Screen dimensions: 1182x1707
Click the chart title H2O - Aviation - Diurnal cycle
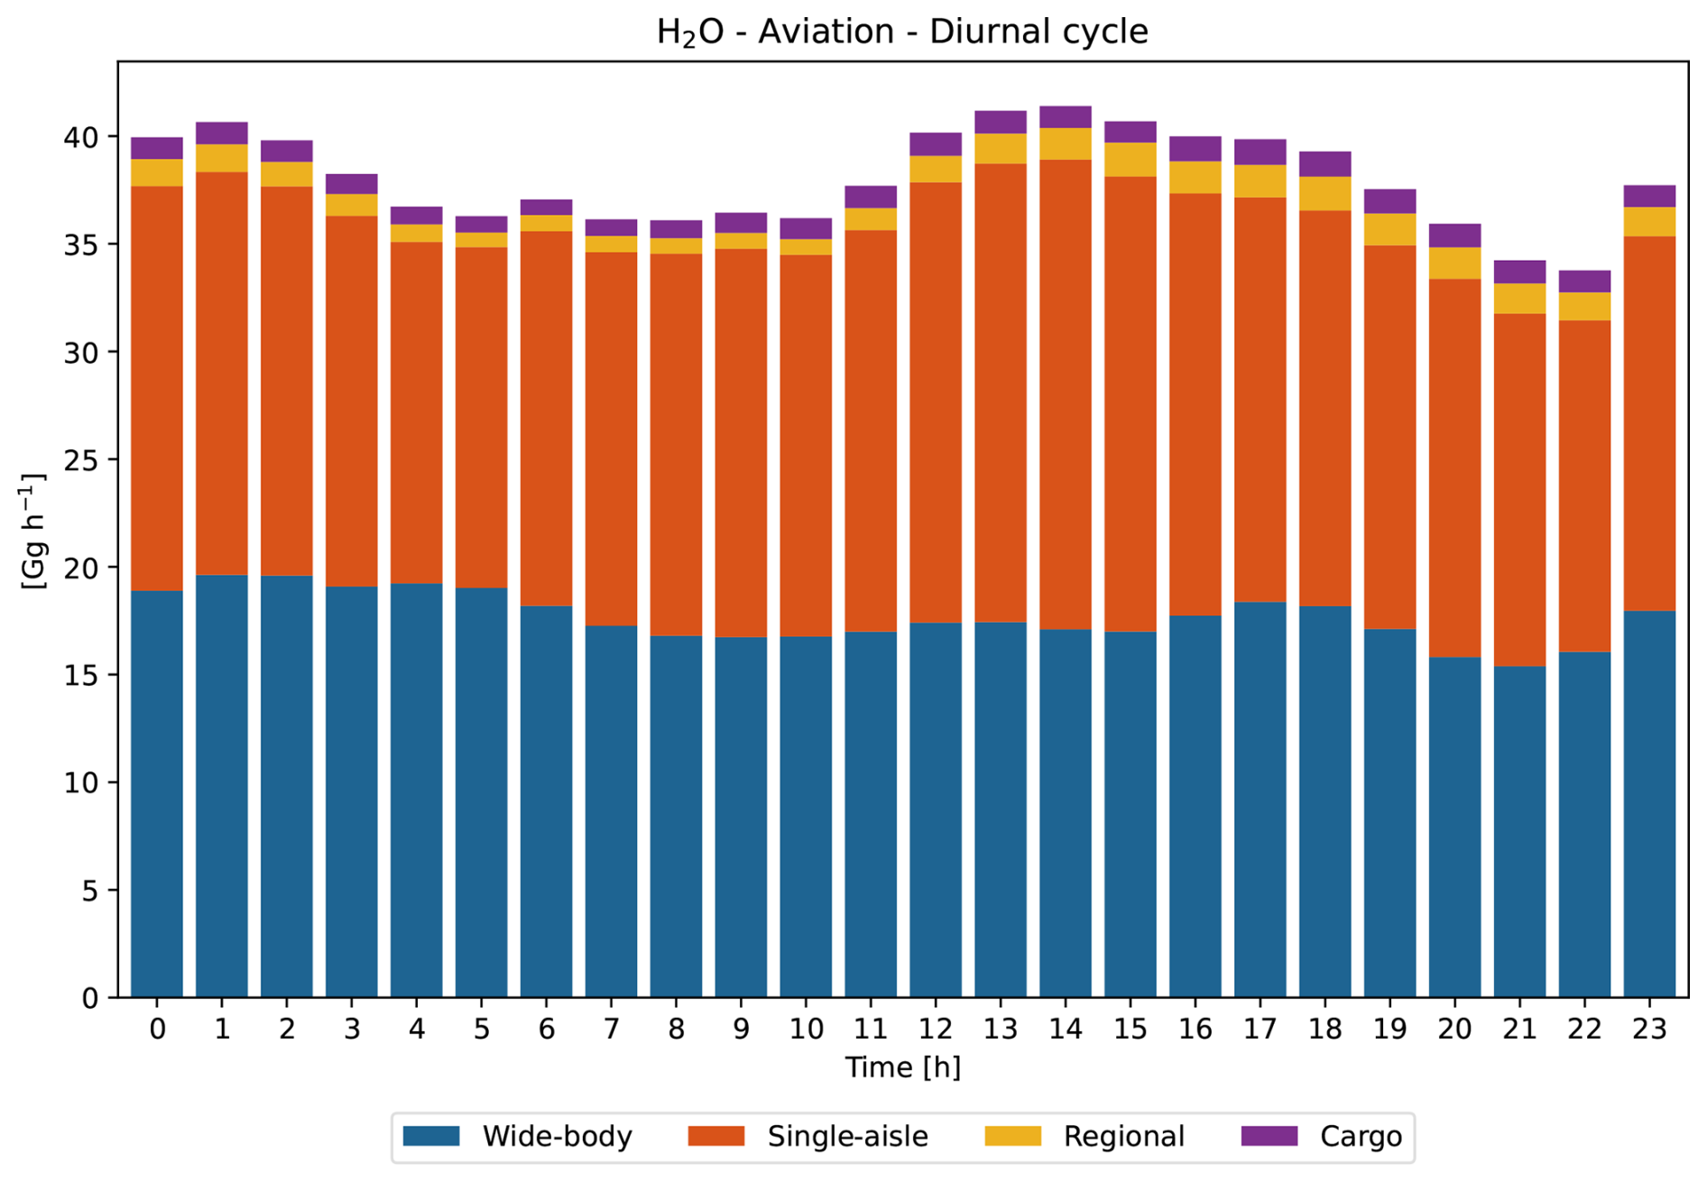pyautogui.click(x=902, y=32)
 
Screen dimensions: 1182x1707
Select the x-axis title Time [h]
pyautogui.click(x=902, y=1067)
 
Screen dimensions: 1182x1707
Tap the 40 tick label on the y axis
pyautogui.click(x=81, y=137)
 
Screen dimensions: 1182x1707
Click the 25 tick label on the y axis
pyautogui.click(x=81, y=460)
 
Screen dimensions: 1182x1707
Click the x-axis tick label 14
pyautogui.click(x=1066, y=1030)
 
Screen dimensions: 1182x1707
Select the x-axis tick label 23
pyautogui.click(x=1649, y=1030)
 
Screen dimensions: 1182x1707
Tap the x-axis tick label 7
pyautogui.click(x=612, y=1030)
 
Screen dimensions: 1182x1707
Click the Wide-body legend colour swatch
pyautogui.click(x=431, y=1136)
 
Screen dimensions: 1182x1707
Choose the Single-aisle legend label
pyautogui.click(x=847, y=1136)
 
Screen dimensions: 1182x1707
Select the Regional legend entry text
pyautogui.click(x=1123, y=1136)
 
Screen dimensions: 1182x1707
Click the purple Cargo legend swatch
pyautogui.click(x=1269, y=1136)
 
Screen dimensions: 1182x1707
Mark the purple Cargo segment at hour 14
pyautogui.click(x=1066, y=117)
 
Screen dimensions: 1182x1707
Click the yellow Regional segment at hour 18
pyautogui.click(x=1325, y=194)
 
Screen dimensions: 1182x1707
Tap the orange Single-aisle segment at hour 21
pyautogui.click(x=1519, y=490)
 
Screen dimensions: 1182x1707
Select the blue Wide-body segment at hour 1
pyautogui.click(x=222, y=785)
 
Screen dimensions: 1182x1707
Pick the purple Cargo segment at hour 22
pyautogui.click(x=1584, y=282)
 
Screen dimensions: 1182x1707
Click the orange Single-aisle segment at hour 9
pyautogui.click(x=741, y=442)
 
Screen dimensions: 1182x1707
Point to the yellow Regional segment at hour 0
pyautogui.click(x=157, y=173)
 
